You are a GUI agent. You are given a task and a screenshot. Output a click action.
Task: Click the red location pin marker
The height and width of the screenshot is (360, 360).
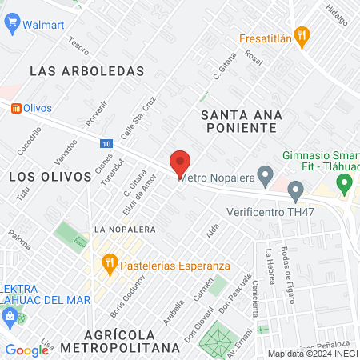180,163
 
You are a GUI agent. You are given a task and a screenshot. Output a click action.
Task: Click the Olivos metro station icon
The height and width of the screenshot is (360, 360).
14,108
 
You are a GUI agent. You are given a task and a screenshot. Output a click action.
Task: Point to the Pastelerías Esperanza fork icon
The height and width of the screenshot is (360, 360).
109,262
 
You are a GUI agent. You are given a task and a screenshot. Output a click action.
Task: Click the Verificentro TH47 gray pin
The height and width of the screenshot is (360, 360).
295,191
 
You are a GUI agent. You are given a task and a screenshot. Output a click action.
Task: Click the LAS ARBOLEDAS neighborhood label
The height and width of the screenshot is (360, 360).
86,71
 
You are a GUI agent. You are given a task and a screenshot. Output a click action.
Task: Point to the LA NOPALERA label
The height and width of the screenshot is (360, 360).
124,229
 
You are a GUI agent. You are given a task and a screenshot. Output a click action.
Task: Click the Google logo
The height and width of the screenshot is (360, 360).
26,350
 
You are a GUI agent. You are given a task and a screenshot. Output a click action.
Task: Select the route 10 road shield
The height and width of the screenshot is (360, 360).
106,144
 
